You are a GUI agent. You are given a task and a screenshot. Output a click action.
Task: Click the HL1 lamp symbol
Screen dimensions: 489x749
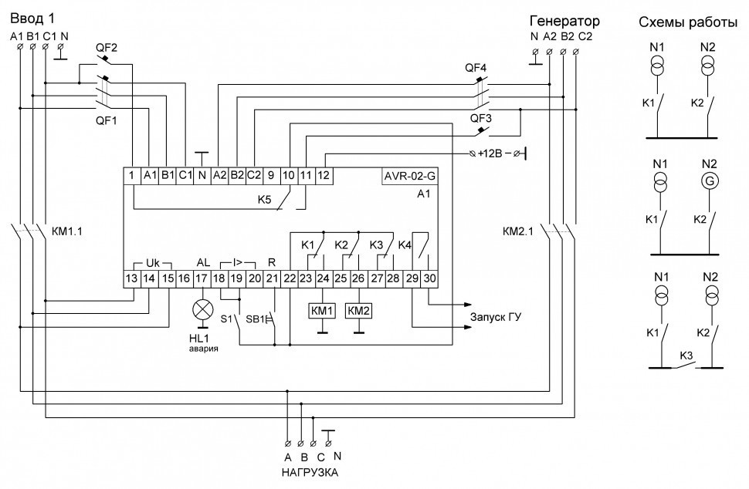(204, 309)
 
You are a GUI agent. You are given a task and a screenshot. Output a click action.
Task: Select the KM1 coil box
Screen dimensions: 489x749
(321, 310)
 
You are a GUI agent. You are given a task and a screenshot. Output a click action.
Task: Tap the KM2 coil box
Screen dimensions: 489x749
(358, 310)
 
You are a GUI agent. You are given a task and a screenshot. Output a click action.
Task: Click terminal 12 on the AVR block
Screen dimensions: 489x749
(324, 174)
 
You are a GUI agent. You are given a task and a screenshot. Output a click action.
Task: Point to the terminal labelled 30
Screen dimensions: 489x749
(429, 278)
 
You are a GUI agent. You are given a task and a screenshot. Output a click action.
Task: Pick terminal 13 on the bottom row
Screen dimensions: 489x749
(133, 278)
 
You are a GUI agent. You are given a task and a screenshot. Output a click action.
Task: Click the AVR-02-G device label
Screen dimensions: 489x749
(409, 174)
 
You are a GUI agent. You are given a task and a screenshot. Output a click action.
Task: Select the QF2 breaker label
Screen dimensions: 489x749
(106, 48)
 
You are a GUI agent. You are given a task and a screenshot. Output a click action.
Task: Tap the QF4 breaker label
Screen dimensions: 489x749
(475, 68)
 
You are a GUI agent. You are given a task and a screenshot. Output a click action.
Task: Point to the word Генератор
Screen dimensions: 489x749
(564, 21)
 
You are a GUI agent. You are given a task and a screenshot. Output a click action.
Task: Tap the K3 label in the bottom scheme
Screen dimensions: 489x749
(686, 356)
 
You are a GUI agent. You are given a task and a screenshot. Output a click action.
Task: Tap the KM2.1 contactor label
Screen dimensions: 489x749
(517, 230)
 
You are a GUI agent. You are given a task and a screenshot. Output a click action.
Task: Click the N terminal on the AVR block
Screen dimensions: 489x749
(202, 174)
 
